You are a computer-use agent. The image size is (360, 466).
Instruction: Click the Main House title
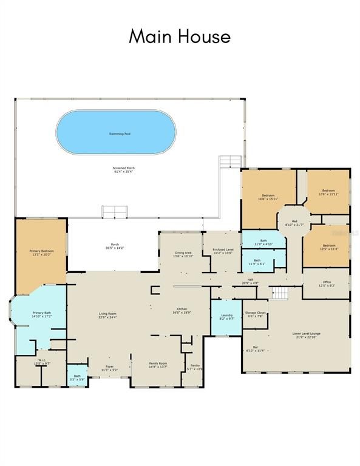180,36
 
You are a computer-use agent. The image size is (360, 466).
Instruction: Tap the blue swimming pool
116,133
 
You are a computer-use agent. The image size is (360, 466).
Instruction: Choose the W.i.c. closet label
41,362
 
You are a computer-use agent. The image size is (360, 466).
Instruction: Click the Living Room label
107,315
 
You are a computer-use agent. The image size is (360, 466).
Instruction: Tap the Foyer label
109,367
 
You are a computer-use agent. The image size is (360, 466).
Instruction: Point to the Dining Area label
183,254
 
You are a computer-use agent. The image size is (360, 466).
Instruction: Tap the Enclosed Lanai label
223,251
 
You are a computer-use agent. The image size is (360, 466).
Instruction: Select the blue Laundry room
226,316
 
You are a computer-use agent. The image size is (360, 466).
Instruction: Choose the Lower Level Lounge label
306,334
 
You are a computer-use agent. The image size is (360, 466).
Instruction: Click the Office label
327,283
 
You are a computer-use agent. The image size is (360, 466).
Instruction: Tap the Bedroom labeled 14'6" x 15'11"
268,197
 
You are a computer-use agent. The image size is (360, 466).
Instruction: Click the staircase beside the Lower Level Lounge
279,294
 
